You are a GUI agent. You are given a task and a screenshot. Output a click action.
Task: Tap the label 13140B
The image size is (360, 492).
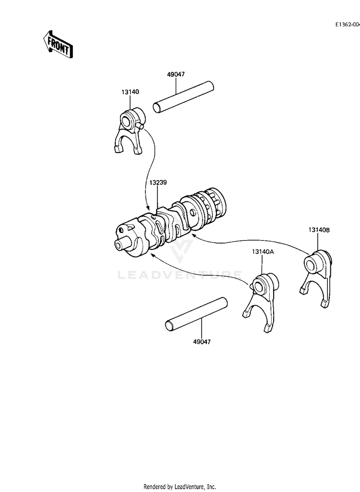pyautogui.click(x=319, y=230)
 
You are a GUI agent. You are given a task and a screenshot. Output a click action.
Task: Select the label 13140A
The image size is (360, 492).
pyautogui.click(x=262, y=251)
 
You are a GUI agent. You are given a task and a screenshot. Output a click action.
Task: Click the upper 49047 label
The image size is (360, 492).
pyautogui.click(x=176, y=74)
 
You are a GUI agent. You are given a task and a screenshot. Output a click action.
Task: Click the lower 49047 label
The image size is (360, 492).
pyautogui.click(x=202, y=341)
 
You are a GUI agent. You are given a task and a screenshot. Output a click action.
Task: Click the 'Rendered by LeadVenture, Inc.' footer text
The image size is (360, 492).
pyautogui.click(x=180, y=486)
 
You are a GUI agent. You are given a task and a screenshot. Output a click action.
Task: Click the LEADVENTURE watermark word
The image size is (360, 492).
pyautogui.click(x=180, y=275)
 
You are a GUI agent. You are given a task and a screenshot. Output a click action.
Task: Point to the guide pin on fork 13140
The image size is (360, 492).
pyautogui.click(x=140, y=126)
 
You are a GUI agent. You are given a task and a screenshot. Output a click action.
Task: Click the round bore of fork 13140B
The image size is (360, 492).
pyautogui.click(x=310, y=263)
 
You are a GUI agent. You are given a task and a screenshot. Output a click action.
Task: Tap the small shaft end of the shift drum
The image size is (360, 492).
pyautogui.click(x=120, y=245)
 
